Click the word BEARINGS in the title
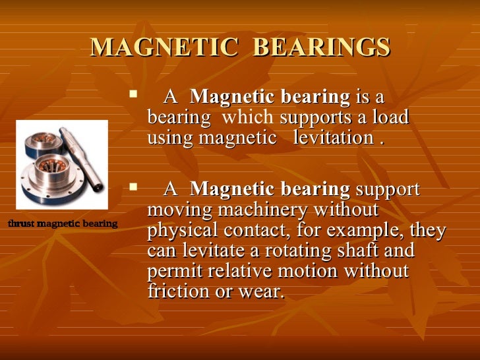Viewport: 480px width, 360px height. click(x=322, y=47)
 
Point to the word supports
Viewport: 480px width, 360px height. click(x=309, y=119)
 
